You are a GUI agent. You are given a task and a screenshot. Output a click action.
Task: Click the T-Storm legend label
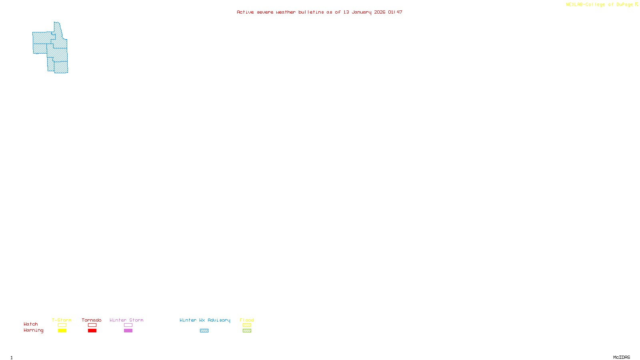pos(62,320)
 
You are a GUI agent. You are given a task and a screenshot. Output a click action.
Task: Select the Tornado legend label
pos(92,320)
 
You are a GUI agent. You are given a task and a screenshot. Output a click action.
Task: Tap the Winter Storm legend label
pos(126,320)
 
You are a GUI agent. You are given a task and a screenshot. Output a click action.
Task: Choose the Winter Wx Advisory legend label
pos(205,320)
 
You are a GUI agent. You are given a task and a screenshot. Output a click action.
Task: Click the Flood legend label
pos(247,320)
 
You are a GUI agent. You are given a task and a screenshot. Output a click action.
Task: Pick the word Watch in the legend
pos(31,324)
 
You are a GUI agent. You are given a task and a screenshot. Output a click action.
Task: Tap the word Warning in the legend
pos(34,330)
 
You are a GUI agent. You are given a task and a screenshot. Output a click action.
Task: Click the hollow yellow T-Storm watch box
pos(62,325)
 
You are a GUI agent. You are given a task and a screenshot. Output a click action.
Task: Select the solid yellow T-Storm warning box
pos(62,331)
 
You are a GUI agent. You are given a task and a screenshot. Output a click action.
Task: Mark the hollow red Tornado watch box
pos(92,325)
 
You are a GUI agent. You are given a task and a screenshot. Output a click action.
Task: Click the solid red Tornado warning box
pos(92,331)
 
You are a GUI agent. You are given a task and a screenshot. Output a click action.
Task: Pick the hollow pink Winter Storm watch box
pos(128,325)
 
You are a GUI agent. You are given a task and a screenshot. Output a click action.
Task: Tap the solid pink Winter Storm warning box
pos(128,331)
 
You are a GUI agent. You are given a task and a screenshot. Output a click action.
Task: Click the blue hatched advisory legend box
pos(204,331)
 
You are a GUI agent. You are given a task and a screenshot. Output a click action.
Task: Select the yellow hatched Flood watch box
pos(247,325)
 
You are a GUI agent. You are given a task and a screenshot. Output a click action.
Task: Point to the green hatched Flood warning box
pos(247,331)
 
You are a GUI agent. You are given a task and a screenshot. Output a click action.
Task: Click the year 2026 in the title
pos(380,12)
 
